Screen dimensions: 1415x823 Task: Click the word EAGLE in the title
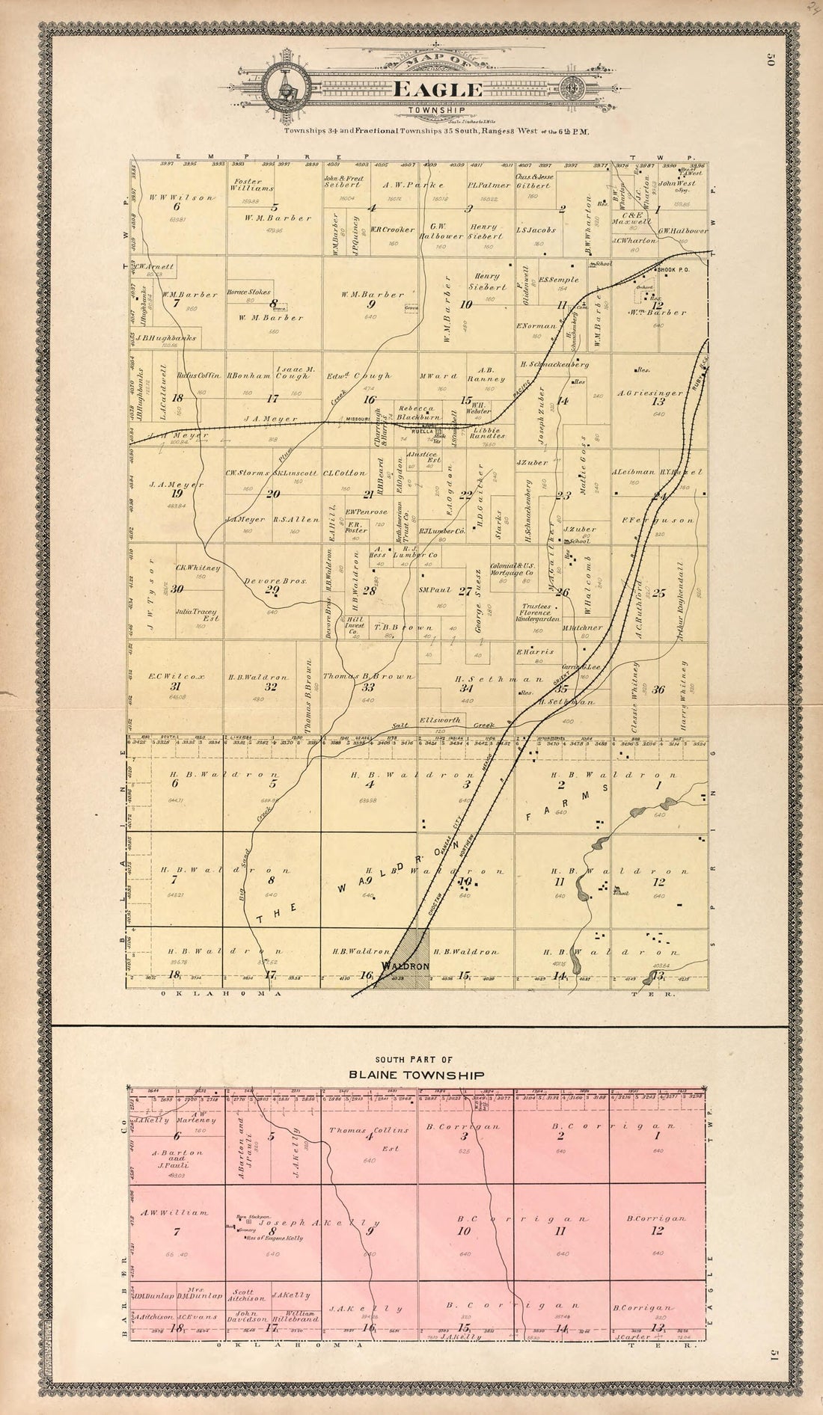tap(438, 90)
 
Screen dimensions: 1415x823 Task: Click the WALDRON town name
tap(404, 966)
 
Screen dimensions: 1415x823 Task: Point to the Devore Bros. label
tap(266, 580)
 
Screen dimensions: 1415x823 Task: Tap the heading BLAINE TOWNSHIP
tap(417, 1075)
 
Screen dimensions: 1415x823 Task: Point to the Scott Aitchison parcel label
tap(247, 1295)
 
